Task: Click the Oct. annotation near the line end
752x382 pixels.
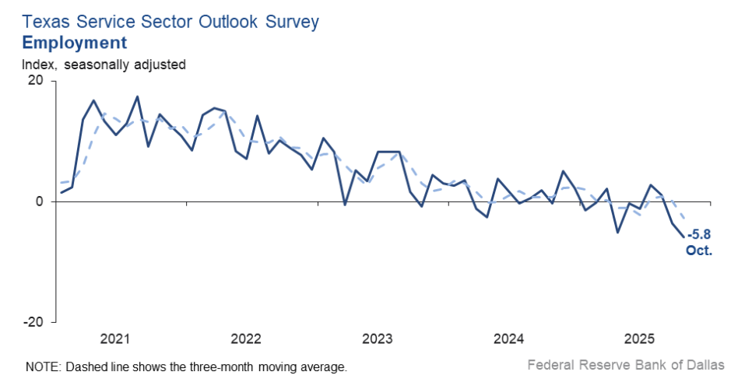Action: point(699,251)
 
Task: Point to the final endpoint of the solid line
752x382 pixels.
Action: point(684,237)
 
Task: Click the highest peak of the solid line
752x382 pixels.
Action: point(137,96)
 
